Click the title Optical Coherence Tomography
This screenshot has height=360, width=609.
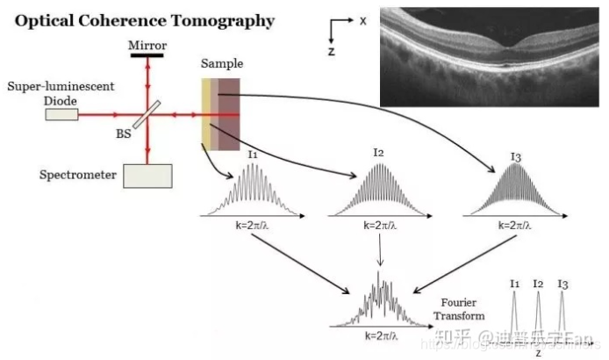pyautogui.click(x=144, y=20)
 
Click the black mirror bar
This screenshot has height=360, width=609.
pyautogui.click(x=147, y=56)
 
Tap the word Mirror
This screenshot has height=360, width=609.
pyautogui.click(x=147, y=45)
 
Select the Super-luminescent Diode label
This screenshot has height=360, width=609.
pyautogui.click(x=42, y=95)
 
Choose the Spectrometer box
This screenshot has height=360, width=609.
pyautogui.click(x=147, y=176)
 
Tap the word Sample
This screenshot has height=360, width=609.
pyautogui.click(x=221, y=64)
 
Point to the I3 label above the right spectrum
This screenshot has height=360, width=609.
pyautogui.click(x=516, y=157)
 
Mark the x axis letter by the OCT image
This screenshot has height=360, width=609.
pyautogui.click(x=362, y=18)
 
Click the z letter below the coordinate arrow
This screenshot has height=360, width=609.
pyautogui.click(x=332, y=52)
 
